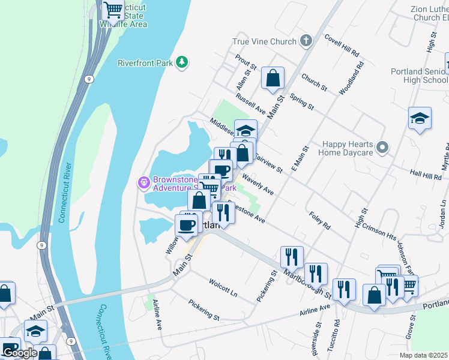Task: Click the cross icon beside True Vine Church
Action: [x=306, y=41]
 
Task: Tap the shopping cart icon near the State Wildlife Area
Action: [x=113, y=10]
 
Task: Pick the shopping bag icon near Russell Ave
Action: [x=273, y=78]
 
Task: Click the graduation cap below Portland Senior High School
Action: [x=420, y=118]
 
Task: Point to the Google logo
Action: [x=20, y=352]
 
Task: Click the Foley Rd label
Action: [x=319, y=220]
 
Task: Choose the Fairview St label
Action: [x=268, y=163]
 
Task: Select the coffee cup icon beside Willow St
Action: [x=186, y=225]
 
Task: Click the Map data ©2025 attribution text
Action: [x=423, y=355]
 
